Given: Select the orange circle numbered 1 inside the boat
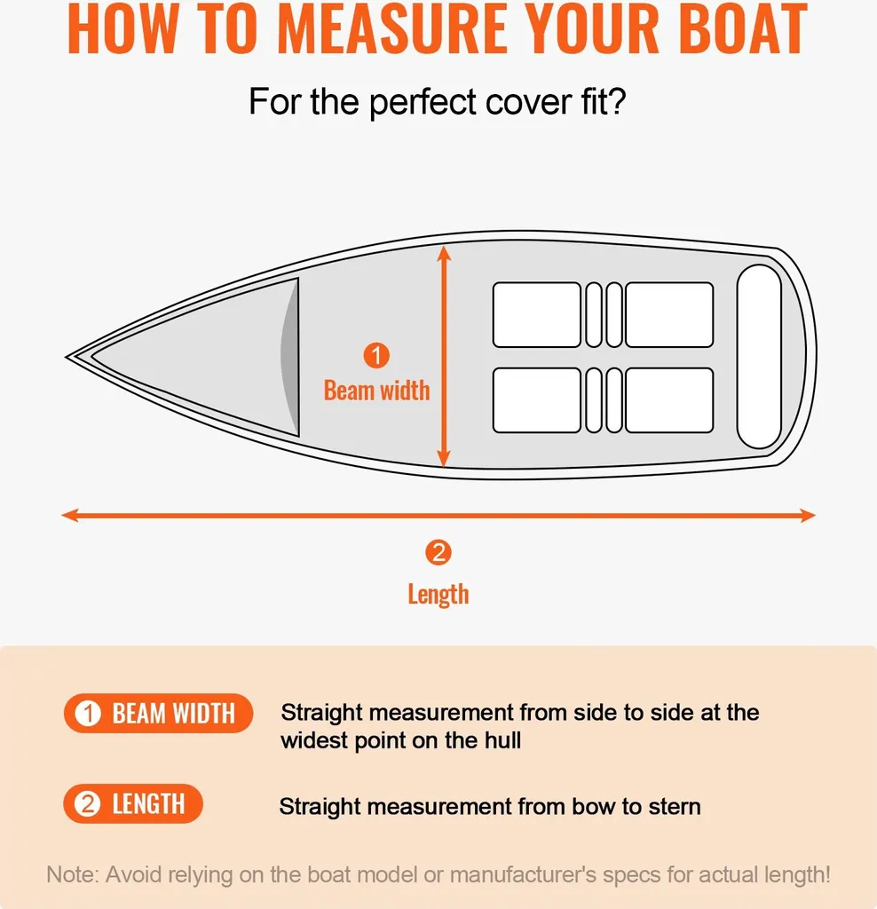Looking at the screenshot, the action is click(376, 355).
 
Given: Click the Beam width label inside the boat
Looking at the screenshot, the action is click(376, 391).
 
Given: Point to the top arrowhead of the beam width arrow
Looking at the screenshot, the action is click(444, 252).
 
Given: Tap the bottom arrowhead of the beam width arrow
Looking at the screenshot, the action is click(444, 459).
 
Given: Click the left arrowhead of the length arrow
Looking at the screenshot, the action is click(69, 515).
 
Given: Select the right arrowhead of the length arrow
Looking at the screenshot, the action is click(808, 515).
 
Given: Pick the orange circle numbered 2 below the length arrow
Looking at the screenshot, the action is click(438, 552).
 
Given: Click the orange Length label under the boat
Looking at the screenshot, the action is click(438, 595).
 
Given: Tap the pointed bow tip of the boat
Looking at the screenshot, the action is click(67, 358).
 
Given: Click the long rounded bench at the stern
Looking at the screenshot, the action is click(759, 357).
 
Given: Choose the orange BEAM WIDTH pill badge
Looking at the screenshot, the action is click(158, 713).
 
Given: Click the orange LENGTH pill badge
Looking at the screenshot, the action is click(133, 804).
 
